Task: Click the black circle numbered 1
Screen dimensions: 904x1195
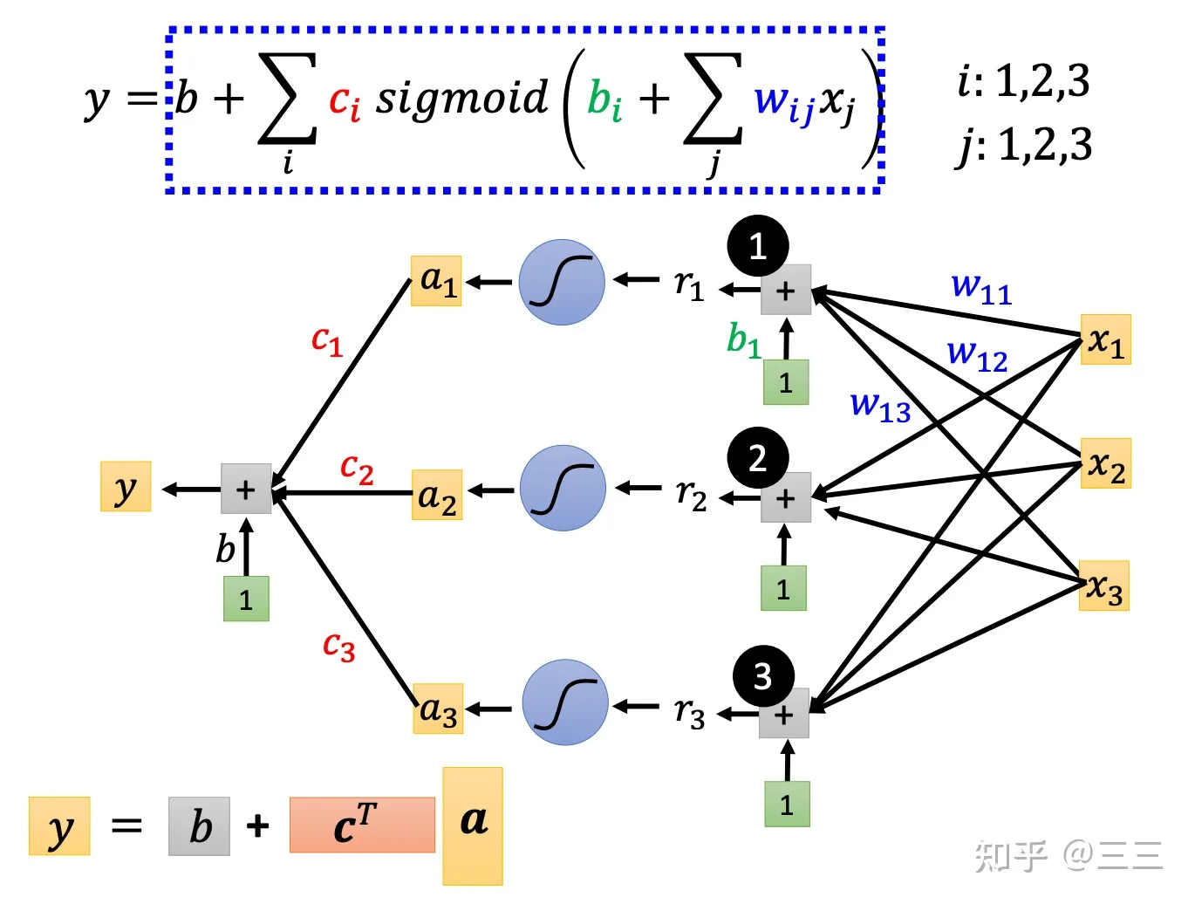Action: (x=758, y=246)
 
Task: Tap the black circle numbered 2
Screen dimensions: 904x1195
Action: (x=758, y=457)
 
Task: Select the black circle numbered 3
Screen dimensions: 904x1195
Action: (x=763, y=676)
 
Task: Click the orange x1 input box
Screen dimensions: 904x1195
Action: (x=1105, y=339)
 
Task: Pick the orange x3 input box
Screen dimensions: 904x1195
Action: (x=1104, y=586)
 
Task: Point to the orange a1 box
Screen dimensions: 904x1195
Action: (x=436, y=281)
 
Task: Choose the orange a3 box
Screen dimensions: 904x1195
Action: (x=438, y=709)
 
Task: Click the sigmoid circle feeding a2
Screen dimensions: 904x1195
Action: (x=563, y=488)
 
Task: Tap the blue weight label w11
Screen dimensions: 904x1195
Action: (x=981, y=287)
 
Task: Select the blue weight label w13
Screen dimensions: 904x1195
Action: (x=880, y=406)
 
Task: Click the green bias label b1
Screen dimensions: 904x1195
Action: (x=744, y=339)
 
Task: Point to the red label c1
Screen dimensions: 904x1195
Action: (x=327, y=340)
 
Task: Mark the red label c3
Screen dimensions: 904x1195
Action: (x=338, y=647)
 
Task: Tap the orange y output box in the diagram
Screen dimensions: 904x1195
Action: (x=126, y=487)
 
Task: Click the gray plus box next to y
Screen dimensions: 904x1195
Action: (x=246, y=489)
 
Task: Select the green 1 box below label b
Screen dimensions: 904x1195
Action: (x=246, y=599)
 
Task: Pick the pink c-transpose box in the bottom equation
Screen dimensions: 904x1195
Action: (x=362, y=825)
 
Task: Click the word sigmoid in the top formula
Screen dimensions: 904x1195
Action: (x=461, y=98)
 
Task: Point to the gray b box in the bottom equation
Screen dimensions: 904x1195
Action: (x=200, y=825)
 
